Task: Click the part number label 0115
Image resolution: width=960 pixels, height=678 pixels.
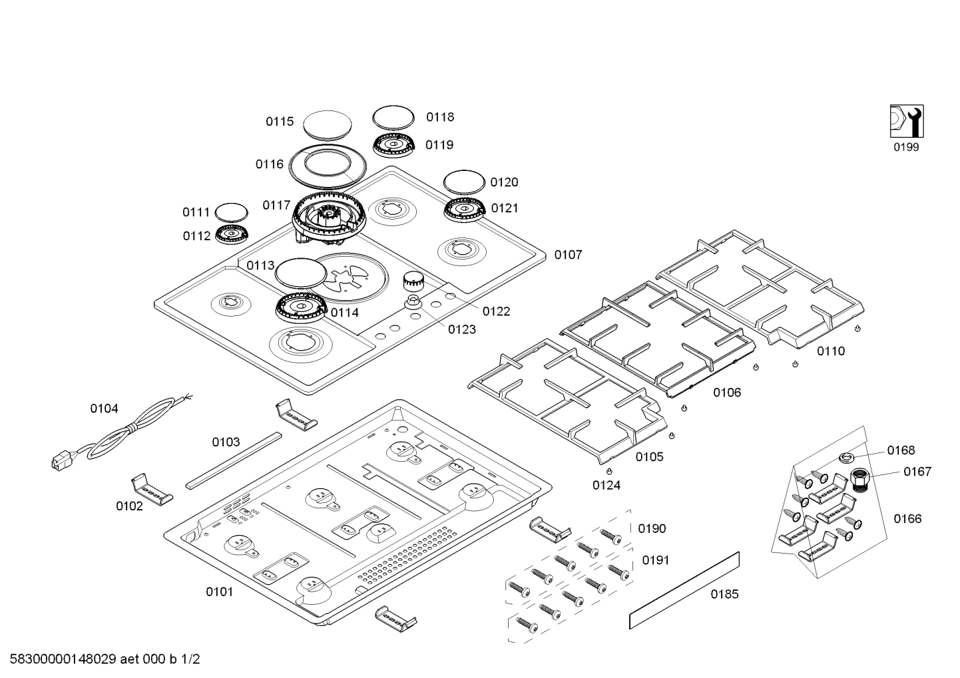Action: (280, 122)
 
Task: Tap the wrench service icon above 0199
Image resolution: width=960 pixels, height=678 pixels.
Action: (906, 122)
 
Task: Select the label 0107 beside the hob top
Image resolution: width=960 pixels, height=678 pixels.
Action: (568, 255)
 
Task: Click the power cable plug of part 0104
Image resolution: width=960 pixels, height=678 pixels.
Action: (61, 460)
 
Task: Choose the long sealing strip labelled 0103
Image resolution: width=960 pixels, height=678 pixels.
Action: (233, 459)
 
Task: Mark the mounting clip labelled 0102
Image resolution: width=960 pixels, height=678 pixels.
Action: (150, 490)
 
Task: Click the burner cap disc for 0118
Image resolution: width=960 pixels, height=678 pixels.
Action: (393, 118)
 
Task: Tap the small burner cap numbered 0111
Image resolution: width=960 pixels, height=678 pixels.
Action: (232, 212)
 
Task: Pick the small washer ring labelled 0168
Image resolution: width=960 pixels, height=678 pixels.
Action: (847, 457)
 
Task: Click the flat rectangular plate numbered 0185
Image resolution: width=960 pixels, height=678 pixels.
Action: (684, 590)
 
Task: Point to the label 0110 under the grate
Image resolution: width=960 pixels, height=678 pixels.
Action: (831, 351)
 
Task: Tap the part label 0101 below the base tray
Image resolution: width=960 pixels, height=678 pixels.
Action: (219, 591)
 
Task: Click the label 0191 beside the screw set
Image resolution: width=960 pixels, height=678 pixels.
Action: (655, 560)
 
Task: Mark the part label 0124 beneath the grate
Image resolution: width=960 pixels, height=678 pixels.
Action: (606, 486)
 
